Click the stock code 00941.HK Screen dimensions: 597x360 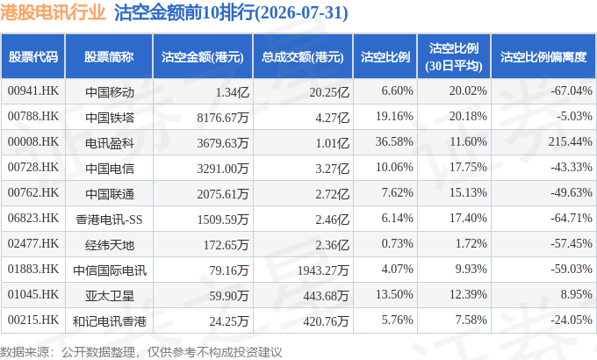pyautogui.click(x=33, y=90)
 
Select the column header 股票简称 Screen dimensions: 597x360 pyautogui.click(x=109, y=57)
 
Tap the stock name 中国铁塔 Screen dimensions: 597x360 pyautogui.click(x=110, y=118)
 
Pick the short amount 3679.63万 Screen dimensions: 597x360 pyautogui.click(x=223, y=143)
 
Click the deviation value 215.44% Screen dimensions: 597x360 pyautogui.click(x=571, y=141)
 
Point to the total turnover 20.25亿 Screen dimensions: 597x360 pyautogui.click(x=329, y=92)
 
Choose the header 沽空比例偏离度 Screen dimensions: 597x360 pyautogui.click(x=543, y=57)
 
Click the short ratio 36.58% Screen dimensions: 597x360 pyautogui.click(x=394, y=141)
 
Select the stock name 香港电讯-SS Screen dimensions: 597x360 pyautogui.click(x=109, y=220)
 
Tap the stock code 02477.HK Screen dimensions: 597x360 pyautogui.click(x=33, y=243)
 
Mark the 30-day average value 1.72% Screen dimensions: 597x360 pyautogui.click(x=471, y=243)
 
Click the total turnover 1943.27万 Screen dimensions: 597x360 pyautogui.click(x=323, y=270)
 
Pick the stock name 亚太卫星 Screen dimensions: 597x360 pyautogui.click(x=110, y=296)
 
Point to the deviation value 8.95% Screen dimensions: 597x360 pyautogui.click(x=576, y=294)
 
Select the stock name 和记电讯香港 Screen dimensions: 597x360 pyautogui.click(x=110, y=321)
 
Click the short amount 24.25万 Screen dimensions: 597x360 pyautogui.click(x=229, y=321)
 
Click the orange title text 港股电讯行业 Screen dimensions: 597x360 pyautogui.click(x=53, y=12)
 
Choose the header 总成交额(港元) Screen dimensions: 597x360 pyautogui.click(x=303, y=57)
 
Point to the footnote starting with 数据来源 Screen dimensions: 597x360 pyautogui.click(x=140, y=352)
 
